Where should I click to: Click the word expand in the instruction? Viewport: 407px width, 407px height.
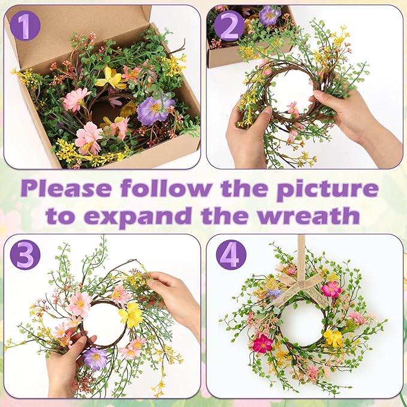[x=144, y=215]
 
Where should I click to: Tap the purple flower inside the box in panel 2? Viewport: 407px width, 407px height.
[x=269, y=14]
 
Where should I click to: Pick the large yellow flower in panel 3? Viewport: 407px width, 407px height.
[x=131, y=313]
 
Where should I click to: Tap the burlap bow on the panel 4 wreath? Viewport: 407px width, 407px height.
[x=300, y=288]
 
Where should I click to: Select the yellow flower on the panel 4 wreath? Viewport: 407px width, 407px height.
[x=333, y=338]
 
